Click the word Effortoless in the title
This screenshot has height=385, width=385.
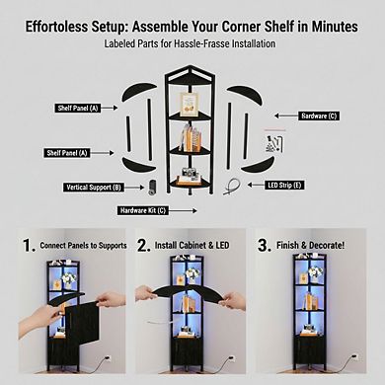[x=56, y=27]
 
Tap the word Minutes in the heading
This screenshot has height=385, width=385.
[x=335, y=27]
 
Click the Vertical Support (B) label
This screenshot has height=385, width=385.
[x=94, y=188]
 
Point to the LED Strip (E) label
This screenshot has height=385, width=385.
[x=284, y=185]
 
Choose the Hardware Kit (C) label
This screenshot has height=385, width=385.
[x=143, y=210]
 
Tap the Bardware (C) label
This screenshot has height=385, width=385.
[x=319, y=115]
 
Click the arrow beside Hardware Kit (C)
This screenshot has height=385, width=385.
[x=184, y=210]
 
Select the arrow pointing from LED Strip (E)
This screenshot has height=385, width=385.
[x=256, y=185]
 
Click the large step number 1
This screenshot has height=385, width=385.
[x=29, y=246]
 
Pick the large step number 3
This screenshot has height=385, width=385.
[x=264, y=246]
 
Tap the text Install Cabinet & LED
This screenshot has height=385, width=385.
[x=192, y=246]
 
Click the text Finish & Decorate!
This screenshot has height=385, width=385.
[x=311, y=246]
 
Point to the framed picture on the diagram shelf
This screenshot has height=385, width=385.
[x=190, y=104]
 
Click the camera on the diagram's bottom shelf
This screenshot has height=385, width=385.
[x=189, y=173]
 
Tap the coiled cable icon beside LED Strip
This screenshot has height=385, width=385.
[x=231, y=187]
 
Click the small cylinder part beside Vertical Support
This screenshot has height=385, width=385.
[x=152, y=188]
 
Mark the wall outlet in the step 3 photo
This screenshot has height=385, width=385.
[x=354, y=357]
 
